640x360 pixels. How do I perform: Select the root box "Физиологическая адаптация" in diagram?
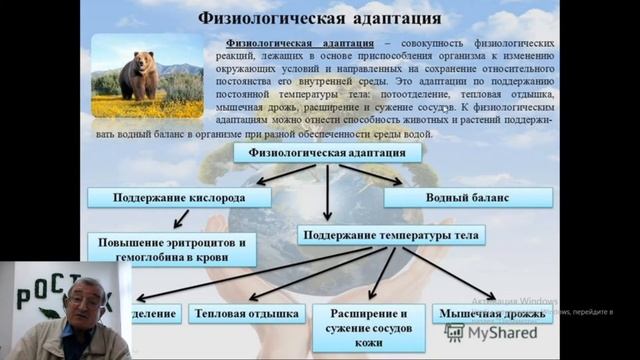327,153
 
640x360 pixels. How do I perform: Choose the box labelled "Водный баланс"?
460,197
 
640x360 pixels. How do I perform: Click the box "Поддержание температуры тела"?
391,235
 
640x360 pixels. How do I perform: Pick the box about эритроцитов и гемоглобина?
170,249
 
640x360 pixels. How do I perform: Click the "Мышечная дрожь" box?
491,313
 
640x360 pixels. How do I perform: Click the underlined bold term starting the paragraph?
300,44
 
